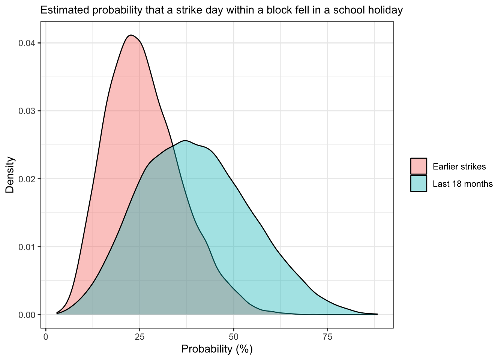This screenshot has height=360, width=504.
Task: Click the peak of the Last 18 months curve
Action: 185,141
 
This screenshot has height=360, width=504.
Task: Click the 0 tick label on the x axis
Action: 46,337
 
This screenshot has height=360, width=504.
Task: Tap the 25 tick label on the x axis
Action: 139,337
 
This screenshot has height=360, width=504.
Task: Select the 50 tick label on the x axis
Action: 234,337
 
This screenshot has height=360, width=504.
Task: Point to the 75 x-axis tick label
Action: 327,337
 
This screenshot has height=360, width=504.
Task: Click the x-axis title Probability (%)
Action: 217,349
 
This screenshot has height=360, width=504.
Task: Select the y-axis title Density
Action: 10,175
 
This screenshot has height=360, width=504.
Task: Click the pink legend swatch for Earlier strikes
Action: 418,166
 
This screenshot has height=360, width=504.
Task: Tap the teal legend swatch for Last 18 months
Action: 418,183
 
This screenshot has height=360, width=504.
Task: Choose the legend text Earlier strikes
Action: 459,166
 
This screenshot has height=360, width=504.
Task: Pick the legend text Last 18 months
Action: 462,184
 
